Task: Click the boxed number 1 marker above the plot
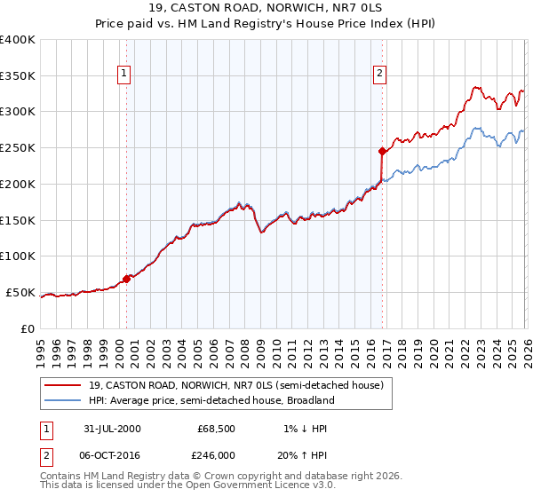(x=123, y=74)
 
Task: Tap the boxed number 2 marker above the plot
(x=379, y=74)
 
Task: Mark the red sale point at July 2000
(x=127, y=279)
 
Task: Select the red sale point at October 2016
(x=381, y=151)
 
